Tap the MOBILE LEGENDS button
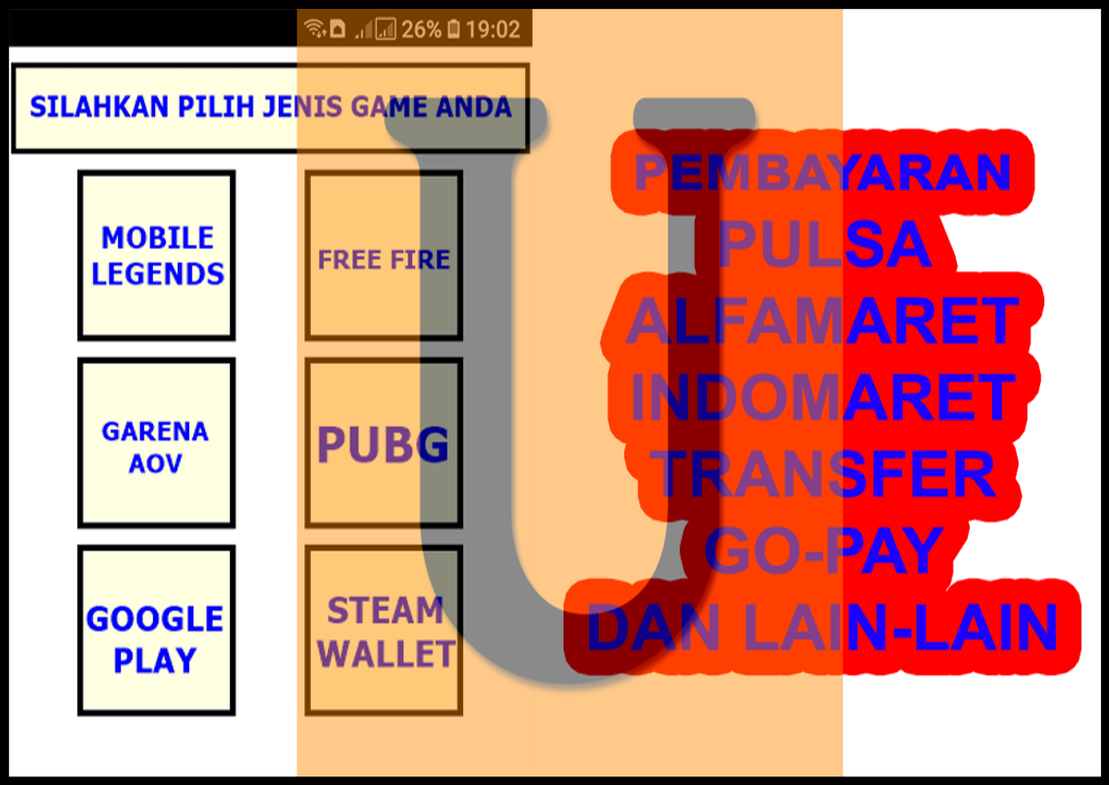[157, 255]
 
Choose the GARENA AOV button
[156, 445]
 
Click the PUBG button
[384, 445]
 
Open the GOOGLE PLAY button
[156, 638]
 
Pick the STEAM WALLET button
[385, 632]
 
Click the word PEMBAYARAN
[822, 173]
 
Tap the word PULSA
[822, 244]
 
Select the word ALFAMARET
[822, 321]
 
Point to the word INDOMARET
[822, 397]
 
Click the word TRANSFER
[822, 474]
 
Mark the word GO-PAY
[822, 551]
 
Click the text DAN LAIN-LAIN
[822, 628]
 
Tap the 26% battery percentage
[421, 29]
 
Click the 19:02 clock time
[493, 29]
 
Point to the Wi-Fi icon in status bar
[314, 28]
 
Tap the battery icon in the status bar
[453, 29]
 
